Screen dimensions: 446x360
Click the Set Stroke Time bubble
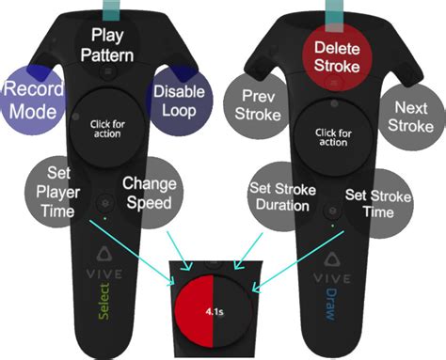(368, 202)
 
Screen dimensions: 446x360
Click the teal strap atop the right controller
(330, 8)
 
